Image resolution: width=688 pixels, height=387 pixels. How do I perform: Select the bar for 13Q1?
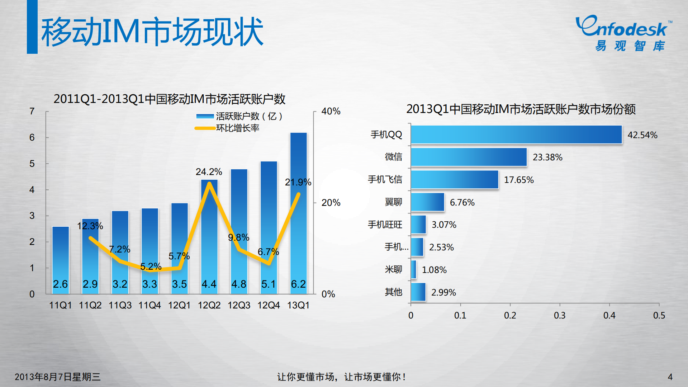(298, 213)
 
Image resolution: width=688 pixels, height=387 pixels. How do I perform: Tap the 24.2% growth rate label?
(209, 172)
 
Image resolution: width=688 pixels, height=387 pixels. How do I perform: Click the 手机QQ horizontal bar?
(516, 134)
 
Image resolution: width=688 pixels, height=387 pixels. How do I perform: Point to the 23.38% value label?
(547, 157)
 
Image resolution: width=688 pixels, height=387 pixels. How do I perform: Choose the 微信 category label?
(393, 157)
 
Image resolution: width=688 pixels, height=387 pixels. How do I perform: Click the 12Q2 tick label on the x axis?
(209, 305)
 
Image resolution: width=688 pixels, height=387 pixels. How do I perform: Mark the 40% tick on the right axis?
(331, 111)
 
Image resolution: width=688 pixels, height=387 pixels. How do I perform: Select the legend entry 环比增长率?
(237, 128)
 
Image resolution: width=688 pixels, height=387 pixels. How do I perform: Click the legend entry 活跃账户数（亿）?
(249, 116)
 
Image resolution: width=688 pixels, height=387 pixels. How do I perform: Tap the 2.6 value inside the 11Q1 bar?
(60, 284)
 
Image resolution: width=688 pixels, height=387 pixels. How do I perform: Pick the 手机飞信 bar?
(455, 179)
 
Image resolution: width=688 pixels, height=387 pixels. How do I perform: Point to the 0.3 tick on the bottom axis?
(560, 315)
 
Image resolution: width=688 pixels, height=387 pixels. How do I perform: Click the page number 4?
(670, 377)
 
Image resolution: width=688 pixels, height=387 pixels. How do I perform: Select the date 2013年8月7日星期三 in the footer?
(57, 377)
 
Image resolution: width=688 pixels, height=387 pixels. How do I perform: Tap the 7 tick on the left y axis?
(32, 111)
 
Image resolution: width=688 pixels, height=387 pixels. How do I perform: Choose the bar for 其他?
(418, 292)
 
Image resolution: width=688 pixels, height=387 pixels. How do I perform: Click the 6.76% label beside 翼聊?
(462, 202)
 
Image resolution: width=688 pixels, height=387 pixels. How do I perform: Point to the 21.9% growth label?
(298, 182)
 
